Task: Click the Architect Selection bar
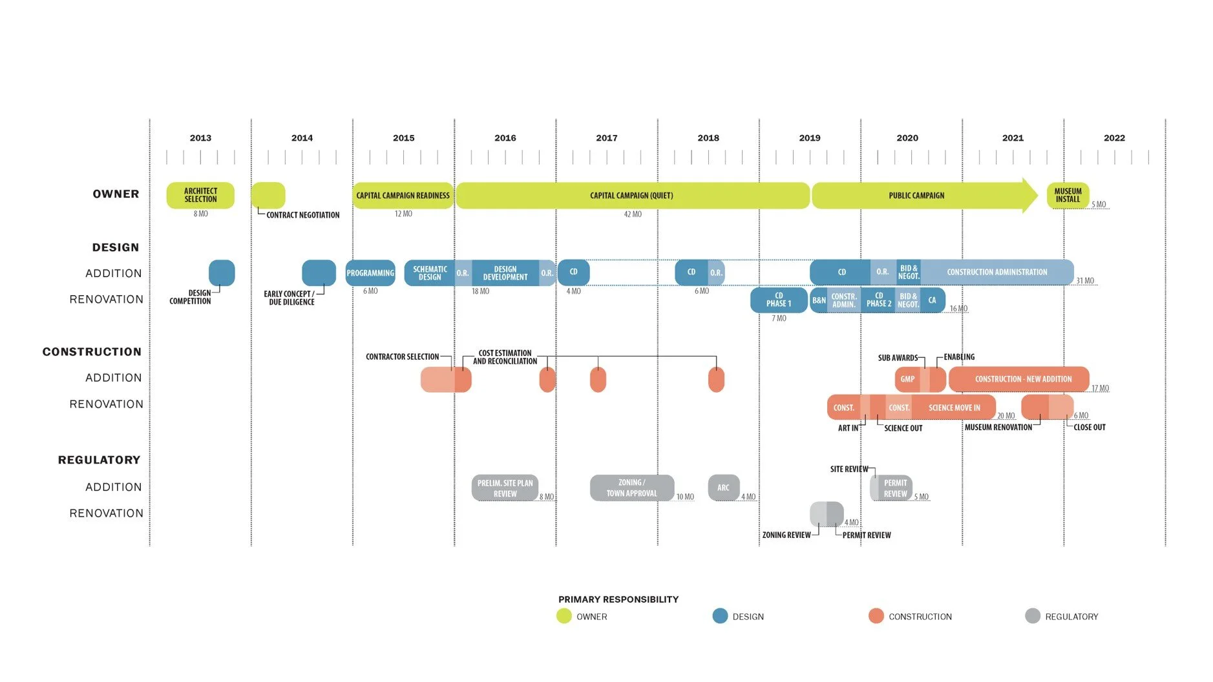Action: [x=200, y=195]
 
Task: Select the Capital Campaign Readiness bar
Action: [x=403, y=195]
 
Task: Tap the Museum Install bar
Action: [x=1068, y=195]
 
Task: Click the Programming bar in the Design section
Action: [x=370, y=273]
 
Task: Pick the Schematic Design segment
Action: [x=430, y=273]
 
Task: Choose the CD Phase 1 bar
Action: [x=779, y=300]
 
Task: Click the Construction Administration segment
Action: [x=997, y=272]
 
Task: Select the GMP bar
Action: [x=907, y=379]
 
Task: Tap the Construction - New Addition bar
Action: [x=1022, y=379]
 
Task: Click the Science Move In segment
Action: [x=954, y=408]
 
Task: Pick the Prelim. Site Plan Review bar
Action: [x=505, y=488]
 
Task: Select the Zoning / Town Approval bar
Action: [x=631, y=488]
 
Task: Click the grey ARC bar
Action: [x=723, y=488]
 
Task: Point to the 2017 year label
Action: [x=606, y=138]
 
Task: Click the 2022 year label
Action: [x=1114, y=138]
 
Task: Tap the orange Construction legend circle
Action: [x=876, y=616]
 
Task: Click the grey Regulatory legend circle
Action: [x=1032, y=616]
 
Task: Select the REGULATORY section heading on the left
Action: [x=99, y=460]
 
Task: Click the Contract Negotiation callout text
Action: [x=302, y=215]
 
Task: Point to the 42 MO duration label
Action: [x=633, y=214]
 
